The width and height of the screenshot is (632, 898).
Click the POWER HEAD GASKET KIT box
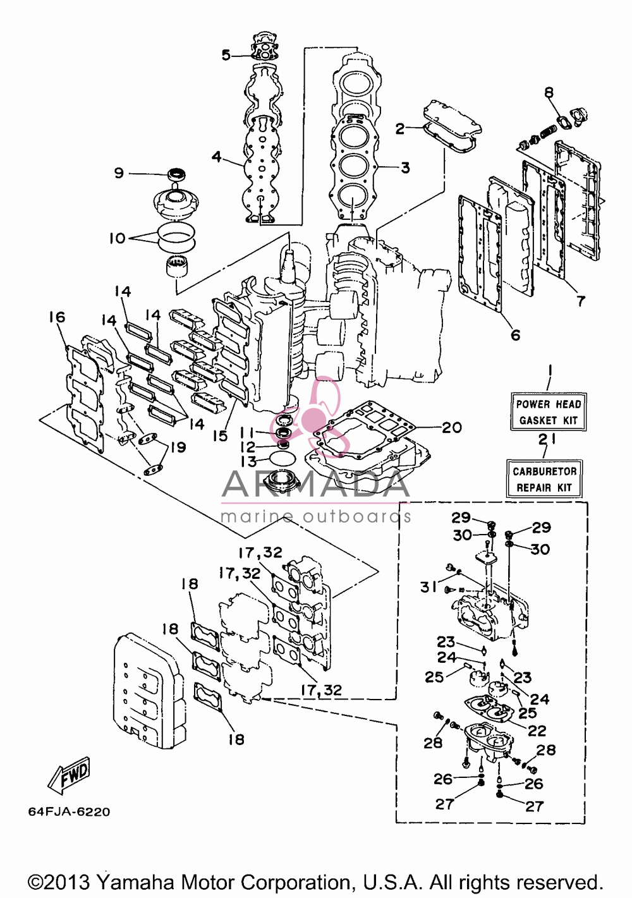(548, 412)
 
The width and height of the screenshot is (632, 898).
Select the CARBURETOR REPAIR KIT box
(544, 478)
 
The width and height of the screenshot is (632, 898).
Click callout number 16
(57, 317)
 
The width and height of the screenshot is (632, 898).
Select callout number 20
(451, 427)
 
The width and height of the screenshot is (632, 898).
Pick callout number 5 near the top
(226, 55)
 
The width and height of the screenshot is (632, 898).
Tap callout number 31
(428, 587)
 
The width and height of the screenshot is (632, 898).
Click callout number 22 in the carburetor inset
(537, 731)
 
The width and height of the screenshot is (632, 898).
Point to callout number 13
(248, 461)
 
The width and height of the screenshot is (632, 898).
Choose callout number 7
(581, 300)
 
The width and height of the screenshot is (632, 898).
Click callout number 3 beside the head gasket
(405, 167)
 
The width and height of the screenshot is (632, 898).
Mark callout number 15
(220, 436)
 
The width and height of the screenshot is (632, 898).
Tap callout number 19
(178, 447)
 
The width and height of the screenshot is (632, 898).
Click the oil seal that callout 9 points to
(177, 174)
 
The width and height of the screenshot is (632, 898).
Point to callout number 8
(549, 93)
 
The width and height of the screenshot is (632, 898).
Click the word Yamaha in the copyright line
(135, 882)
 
